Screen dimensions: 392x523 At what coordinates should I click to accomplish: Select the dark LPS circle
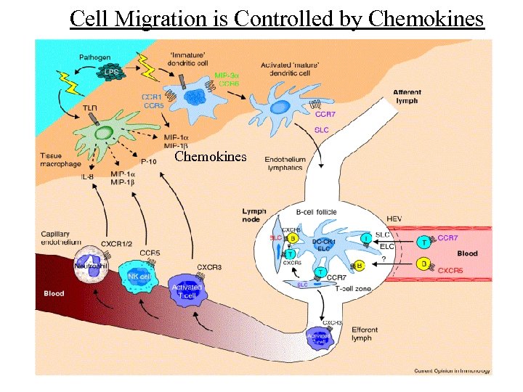coord(112,73)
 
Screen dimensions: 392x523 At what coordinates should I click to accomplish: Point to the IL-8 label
coord(86,177)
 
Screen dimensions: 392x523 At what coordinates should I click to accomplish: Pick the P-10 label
coord(148,161)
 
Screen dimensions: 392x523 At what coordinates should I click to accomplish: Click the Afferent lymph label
coord(407,97)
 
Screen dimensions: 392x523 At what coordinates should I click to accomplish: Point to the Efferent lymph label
coord(361,334)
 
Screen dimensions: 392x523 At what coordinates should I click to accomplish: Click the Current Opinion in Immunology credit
coord(452,370)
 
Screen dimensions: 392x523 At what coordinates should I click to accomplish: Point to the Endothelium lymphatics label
coord(285,163)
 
